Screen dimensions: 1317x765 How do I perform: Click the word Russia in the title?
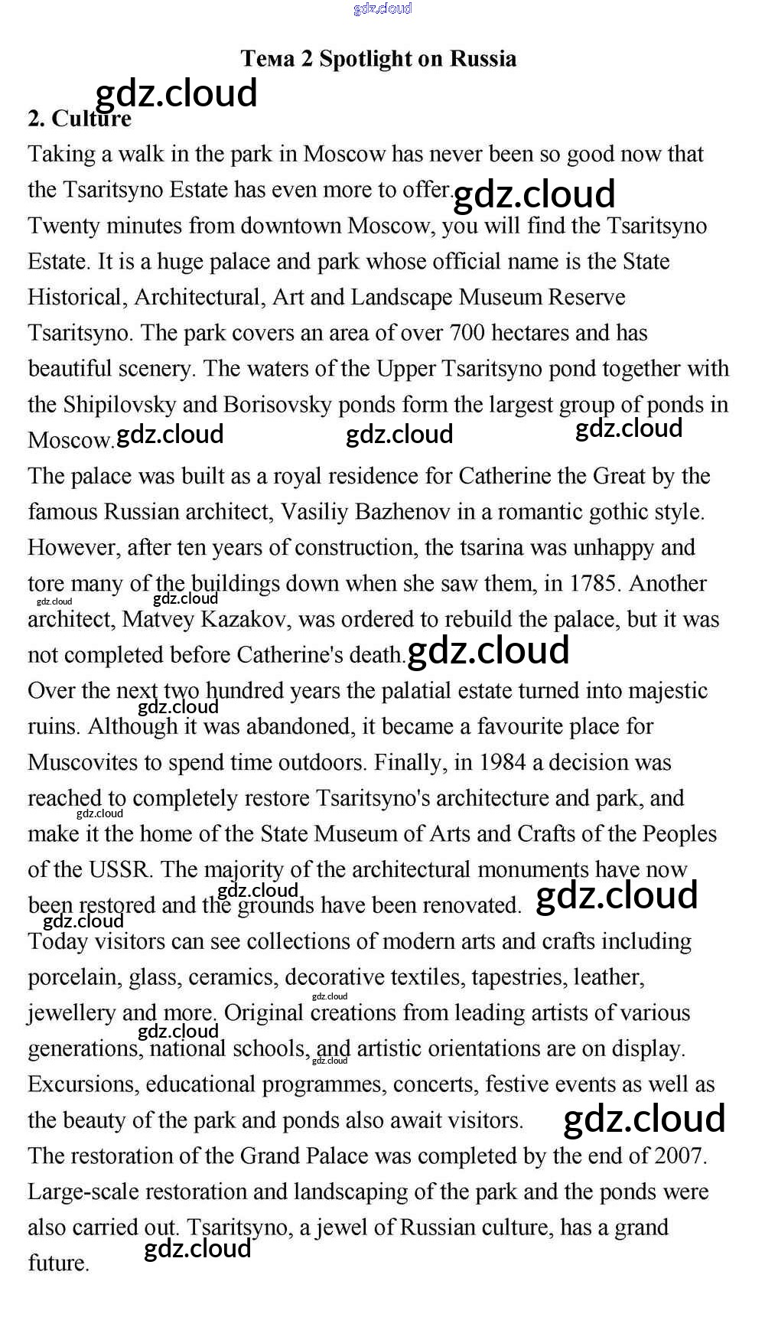point(483,59)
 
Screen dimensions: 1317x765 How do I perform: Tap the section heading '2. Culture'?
point(80,119)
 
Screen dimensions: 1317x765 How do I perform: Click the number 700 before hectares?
point(467,333)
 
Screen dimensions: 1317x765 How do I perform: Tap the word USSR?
point(121,869)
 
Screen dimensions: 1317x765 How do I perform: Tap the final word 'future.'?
point(59,1263)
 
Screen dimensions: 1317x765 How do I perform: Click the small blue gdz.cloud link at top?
point(382,8)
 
